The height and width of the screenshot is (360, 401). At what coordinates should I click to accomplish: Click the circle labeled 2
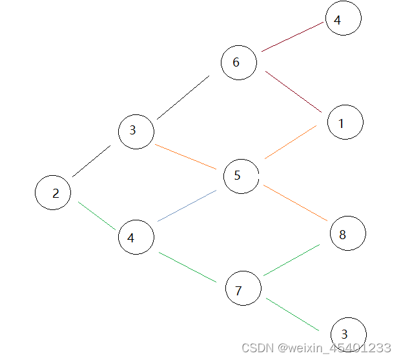pos(53,193)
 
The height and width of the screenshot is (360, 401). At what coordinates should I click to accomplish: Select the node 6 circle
pos(238,63)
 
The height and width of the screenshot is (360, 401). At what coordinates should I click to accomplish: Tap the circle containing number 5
pos(241,176)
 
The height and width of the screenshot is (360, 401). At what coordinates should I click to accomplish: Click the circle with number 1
pos(345,122)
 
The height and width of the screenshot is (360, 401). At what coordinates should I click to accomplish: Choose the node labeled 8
pos(347,233)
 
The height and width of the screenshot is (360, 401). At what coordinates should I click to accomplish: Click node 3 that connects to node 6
pos(136,131)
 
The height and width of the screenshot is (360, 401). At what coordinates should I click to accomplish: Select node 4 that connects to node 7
pos(136,237)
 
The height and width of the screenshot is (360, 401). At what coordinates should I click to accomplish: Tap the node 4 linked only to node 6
pos(343,19)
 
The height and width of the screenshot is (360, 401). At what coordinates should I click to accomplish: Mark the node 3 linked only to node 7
pos(348,335)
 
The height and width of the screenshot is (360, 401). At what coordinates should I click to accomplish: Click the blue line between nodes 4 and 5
pos(187,206)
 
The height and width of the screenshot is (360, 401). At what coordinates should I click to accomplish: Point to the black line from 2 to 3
pos(91,162)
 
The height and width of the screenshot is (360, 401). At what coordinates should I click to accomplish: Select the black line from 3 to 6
pos(183,98)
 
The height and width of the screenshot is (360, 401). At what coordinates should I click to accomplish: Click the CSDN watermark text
pos(316,348)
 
